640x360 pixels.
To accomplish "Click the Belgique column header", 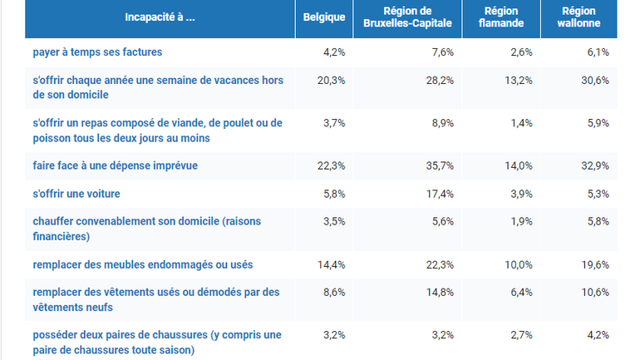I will [x=323, y=17].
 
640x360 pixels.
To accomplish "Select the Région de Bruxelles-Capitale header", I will [x=408, y=17].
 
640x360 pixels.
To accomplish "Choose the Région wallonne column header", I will [x=578, y=17].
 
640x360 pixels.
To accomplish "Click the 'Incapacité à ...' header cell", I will [x=160, y=17].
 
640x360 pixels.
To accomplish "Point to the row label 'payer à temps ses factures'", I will [x=97, y=52].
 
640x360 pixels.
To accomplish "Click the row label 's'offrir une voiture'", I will [x=76, y=194].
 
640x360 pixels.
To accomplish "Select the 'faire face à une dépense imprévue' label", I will [x=115, y=165].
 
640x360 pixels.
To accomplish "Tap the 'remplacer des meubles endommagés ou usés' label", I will [x=143, y=264].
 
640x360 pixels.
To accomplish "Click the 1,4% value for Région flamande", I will [x=520, y=121].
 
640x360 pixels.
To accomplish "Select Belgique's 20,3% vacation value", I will [x=332, y=81].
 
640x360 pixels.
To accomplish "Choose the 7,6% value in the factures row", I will [x=441, y=52].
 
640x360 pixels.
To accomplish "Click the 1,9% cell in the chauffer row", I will [x=520, y=222].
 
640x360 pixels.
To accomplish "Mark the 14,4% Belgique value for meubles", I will [x=332, y=264].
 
